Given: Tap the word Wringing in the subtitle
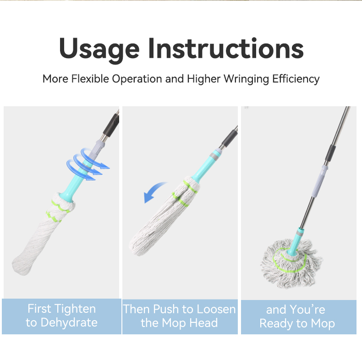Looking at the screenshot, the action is pyautogui.click(x=247, y=79).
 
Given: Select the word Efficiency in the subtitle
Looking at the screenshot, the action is pyautogui.click(x=296, y=79).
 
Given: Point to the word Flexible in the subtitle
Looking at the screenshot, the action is pyautogui.click(x=90, y=79).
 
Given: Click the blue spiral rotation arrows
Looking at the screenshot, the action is pyautogui.click(x=87, y=164).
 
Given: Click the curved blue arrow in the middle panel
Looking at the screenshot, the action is pyautogui.click(x=155, y=192).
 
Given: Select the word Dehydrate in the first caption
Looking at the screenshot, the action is pyautogui.click(x=69, y=322).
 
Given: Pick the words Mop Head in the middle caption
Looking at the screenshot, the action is pyautogui.click(x=190, y=323).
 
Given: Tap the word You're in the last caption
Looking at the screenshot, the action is pyautogui.click(x=307, y=310).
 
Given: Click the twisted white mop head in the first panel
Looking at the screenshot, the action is pyautogui.click(x=44, y=233).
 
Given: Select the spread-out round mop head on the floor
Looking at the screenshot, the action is pyautogui.click(x=291, y=263).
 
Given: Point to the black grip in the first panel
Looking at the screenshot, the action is pyautogui.click(x=111, y=125).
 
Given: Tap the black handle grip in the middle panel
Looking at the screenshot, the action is pyautogui.click(x=230, y=138).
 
